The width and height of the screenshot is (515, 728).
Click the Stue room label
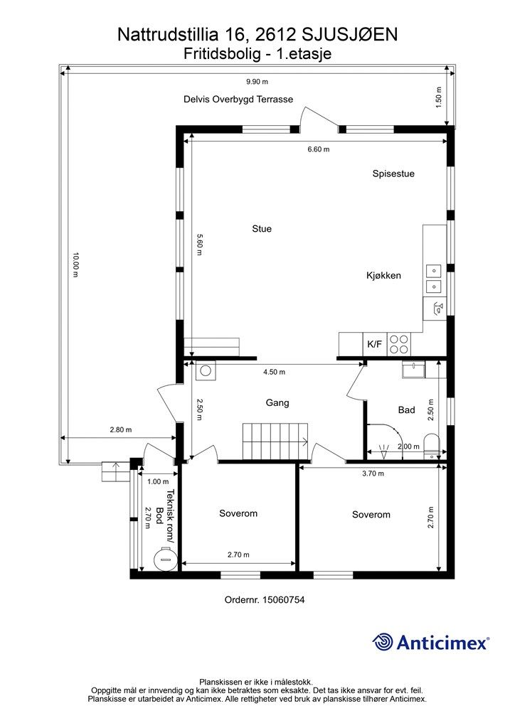pos(262,228)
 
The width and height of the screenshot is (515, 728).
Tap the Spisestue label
pos(393,173)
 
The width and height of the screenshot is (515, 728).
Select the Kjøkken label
pos(383,275)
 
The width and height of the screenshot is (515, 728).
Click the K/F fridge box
pos(374,344)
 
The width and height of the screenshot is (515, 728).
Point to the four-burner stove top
pos(398,344)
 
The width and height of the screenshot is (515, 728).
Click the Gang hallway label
pos(277,402)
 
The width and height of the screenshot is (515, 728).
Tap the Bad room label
pos(406,410)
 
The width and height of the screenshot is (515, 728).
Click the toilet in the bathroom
pos(432,446)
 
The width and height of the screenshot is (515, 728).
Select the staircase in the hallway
pos(275,441)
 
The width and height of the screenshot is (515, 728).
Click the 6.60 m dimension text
pos(319,149)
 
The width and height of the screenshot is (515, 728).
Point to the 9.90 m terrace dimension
pos(257,82)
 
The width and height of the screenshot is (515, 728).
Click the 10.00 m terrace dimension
pos(75,265)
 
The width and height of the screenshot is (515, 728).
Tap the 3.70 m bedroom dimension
pos(373,473)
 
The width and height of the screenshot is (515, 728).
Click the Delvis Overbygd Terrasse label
pos(238,99)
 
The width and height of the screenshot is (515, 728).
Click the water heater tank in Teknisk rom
pos(165,559)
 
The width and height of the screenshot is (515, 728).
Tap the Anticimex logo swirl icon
pos(383,642)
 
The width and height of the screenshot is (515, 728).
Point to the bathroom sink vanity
pos(413,370)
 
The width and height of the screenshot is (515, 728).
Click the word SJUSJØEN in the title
pos(350,34)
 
